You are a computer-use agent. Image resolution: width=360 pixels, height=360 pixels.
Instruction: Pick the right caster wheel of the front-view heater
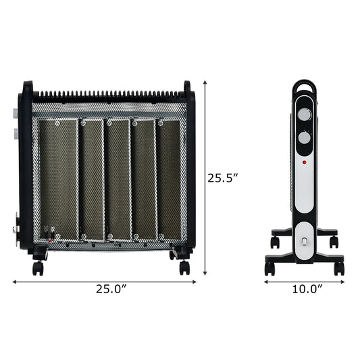[184, 266]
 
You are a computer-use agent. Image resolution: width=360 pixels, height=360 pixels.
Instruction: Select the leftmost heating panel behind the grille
[57, 179]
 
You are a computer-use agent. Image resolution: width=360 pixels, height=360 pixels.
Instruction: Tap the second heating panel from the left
[93, 179]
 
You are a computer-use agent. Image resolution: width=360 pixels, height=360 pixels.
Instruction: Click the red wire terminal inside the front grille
[48, 237]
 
